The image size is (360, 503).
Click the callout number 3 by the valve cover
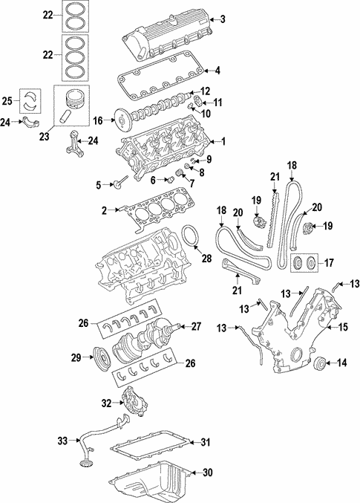(221, 19)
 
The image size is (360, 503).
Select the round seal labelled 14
(319, 363)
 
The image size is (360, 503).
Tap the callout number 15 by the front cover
(344, 327)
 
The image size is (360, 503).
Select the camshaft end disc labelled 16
(117, 118)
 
